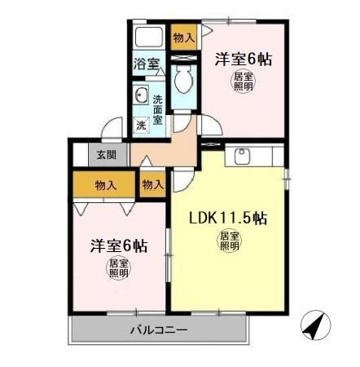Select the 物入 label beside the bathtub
click(x=184, y=38)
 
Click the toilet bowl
click(x=183, y=80)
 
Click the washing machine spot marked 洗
click(x=140, y=126)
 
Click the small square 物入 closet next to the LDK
click(x=152, y=184)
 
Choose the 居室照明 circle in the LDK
click(x=229, y=241)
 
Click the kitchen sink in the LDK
click(x=242, y=155)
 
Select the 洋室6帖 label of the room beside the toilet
click(x=244, y=59)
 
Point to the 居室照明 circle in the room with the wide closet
click(x=119, y=268)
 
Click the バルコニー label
click(x=160, y=330)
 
